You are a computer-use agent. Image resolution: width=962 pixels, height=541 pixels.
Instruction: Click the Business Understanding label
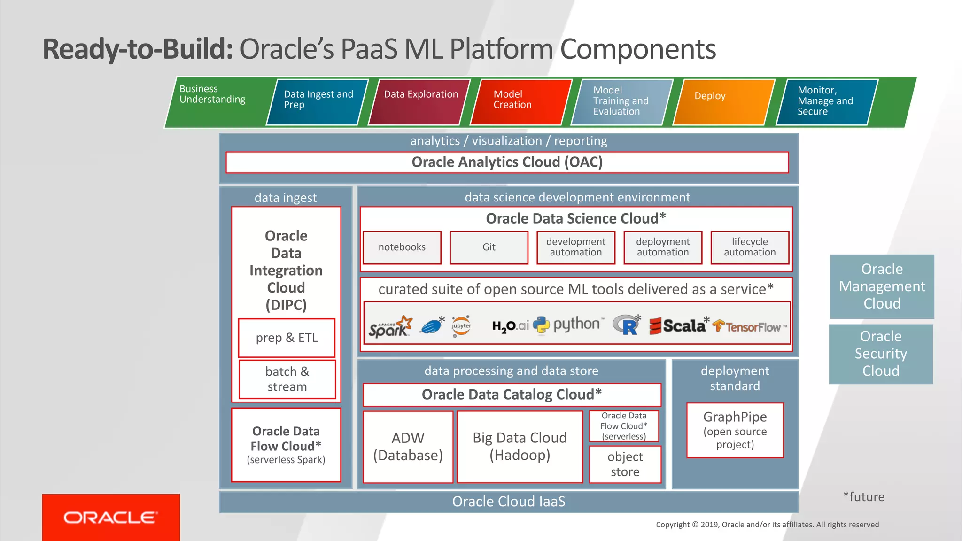pos(212,94)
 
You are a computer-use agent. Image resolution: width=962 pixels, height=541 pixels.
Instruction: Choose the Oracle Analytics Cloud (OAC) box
pos(507,162)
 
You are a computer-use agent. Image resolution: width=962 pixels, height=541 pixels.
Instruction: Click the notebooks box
pos(402,247)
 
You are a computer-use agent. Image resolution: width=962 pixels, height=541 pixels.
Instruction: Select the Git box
pos(489,247)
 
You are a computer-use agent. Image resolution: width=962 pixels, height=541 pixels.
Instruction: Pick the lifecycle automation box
pos(750,247)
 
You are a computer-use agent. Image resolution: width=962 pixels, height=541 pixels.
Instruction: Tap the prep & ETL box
pos(287,338)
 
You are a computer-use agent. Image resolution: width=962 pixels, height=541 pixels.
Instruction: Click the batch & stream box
pos(287,379)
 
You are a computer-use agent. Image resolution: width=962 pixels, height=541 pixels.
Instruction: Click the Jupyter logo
pos(461,326)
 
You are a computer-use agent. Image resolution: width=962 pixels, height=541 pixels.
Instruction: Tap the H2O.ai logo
pos(510,326)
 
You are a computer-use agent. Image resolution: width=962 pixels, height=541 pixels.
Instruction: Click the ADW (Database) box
pos(408,447)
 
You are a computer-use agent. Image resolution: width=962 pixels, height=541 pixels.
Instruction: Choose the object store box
pos(625,464)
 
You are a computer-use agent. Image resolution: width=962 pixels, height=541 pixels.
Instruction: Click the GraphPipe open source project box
pos(735,430)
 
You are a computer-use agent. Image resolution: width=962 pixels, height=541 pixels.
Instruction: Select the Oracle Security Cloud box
pos(881,354)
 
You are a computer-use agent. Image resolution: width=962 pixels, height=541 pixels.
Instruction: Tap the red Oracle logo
pos(111,518)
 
